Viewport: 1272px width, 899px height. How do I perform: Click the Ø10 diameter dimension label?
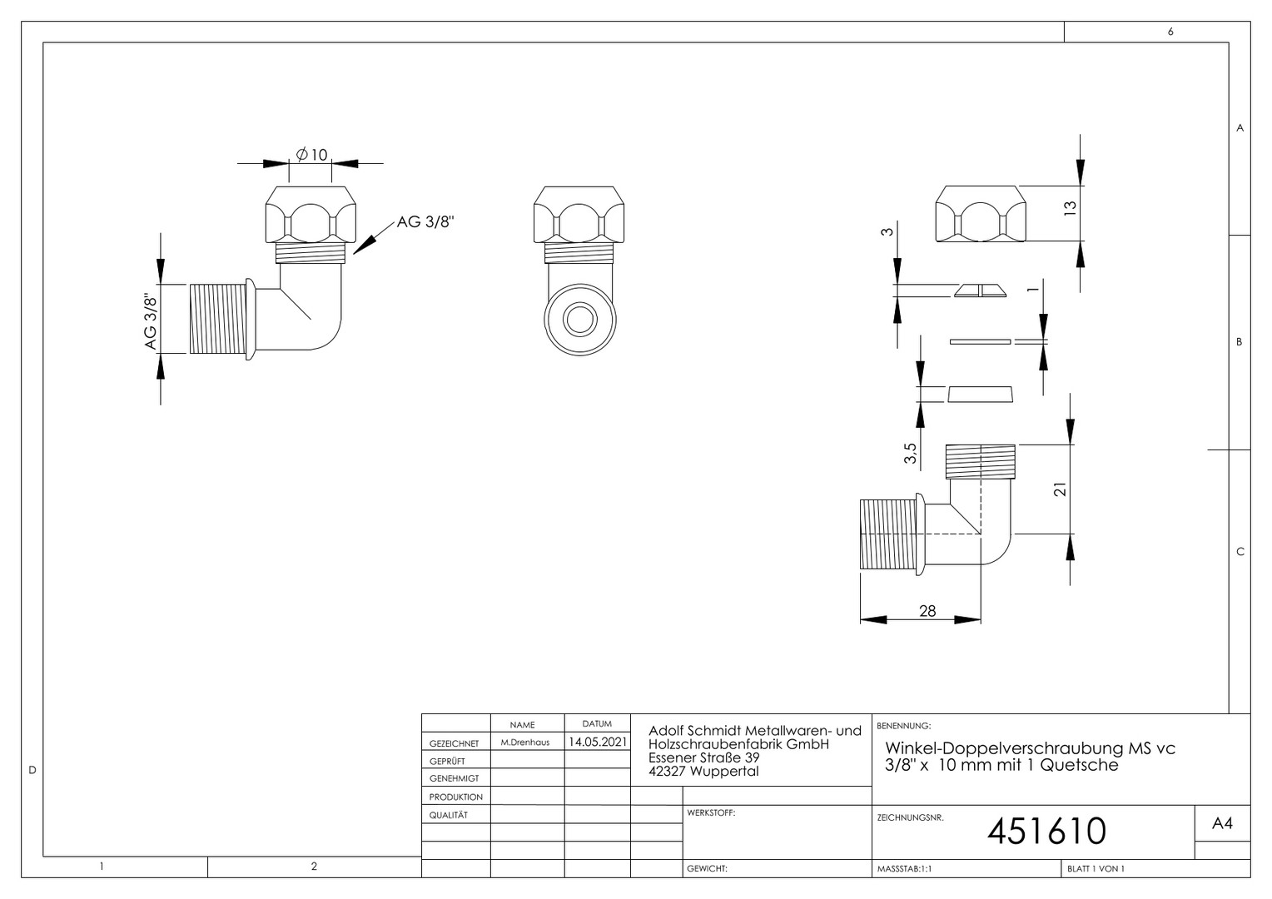click(x=311, y=154)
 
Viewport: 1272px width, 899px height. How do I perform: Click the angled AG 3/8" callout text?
click(x=425, y=221)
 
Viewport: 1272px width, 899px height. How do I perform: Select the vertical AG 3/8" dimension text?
click(x=151, y=321)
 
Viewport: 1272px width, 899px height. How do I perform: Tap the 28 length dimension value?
click(x=927, y=611)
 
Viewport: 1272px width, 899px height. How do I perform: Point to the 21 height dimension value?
click(x=1061, y=489)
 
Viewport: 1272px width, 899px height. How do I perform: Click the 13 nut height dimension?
click(x=1069, y=208)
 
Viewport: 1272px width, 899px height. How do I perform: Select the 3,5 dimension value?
click(x=910, y=453)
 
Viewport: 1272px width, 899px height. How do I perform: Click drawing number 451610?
click(x=1046, y=831)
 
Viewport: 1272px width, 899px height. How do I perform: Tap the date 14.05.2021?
click(x=598, y=742)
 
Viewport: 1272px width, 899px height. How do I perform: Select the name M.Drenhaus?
click(x=525, y=743)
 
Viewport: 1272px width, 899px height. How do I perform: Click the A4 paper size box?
click(x=1222, y=823)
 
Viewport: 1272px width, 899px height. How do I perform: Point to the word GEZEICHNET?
click(x=455, y=743)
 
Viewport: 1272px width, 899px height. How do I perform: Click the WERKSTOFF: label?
click(x=711, y=812)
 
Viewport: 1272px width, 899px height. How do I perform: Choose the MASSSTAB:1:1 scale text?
click(x=905, y=868)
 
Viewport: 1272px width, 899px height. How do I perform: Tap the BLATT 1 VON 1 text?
click(x=1096, y=868)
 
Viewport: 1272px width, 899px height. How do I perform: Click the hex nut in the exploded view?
click(x=981, y=214)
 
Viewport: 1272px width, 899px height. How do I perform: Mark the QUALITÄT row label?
click(x=449, y=815)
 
